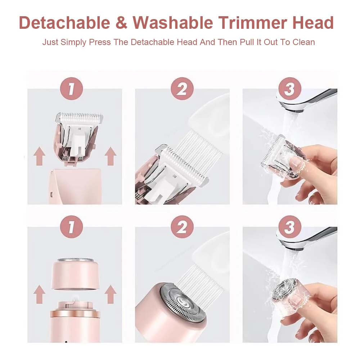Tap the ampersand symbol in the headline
pos(121,23)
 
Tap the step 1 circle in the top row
pos(71,89)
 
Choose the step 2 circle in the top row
pos(182,89)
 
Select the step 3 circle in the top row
pos(289,89)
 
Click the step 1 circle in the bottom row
pos(71,227)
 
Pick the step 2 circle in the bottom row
pos(182,227)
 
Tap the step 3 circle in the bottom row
pos(289,227)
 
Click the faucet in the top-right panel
pos(310,99)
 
